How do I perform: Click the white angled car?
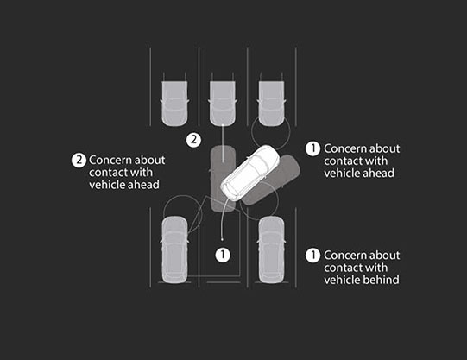(250, 173)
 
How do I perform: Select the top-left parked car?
(174, 103)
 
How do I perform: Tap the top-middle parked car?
(223, 103)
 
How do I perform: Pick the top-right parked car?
(271, 103)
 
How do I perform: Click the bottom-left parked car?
(174, 249)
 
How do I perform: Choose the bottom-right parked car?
(271, 249)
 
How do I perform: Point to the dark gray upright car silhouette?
(223, 179)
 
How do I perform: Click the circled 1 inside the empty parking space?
(223, 255)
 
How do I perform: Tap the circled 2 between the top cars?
(193, 140)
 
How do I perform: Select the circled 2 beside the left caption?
(79, 161)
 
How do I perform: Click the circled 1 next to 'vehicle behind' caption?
(312, 256)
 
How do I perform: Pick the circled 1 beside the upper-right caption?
(312, 148)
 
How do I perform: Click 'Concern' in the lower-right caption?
(343, 256)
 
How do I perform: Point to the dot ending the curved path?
(222, 239)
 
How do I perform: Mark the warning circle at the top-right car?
(270, 131)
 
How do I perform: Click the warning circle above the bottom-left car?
(183, 214)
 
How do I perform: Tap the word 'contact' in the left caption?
(109, 173)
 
